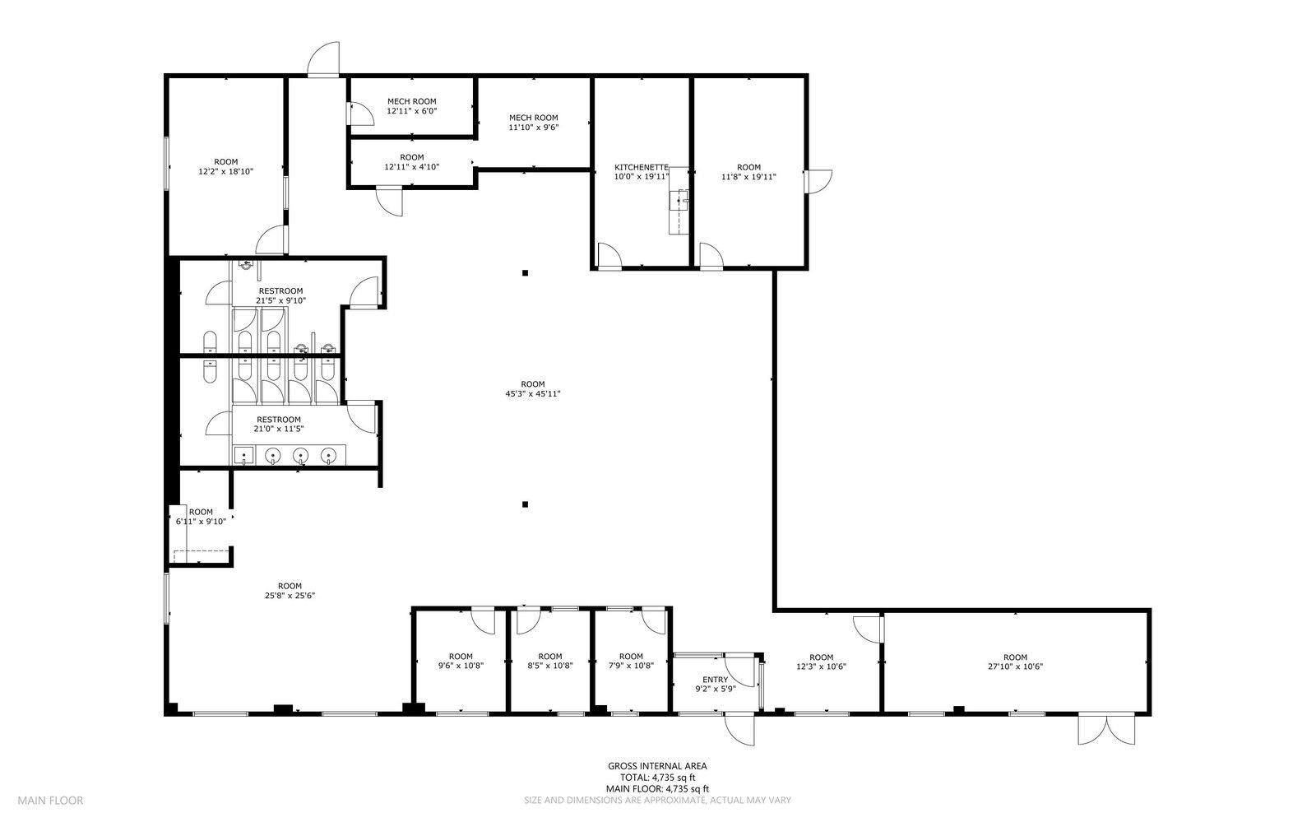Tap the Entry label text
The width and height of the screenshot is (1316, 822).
pos(715,680)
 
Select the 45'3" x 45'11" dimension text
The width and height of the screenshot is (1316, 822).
pos(533,393)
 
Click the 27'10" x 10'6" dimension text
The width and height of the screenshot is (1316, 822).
pos(1015,666)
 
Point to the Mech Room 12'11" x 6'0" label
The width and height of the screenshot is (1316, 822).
pos(412,106)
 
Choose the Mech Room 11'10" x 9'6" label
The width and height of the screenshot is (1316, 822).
pos(534,123)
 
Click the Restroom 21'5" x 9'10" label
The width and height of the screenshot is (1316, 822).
pos(280,295)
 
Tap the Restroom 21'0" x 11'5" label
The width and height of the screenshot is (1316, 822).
pos(279,425)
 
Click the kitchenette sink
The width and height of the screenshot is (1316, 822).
pos(679,201)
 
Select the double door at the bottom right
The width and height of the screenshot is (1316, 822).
pos(1106,729)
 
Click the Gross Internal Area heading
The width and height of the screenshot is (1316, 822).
pos(657,765)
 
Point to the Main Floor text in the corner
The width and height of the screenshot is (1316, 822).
pos(50,801)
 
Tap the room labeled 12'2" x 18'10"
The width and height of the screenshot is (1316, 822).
pos(226,166)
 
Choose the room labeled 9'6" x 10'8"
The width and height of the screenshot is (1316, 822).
pos(461,661)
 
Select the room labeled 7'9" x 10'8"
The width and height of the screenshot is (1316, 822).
pos(631,661)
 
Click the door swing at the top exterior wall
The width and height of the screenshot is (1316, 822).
pos(324,58)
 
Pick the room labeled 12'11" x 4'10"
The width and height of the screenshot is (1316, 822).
pos(412,161)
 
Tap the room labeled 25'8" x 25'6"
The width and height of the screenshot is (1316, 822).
pos(290,591)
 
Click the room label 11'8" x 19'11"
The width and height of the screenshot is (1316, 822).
pos(748,172)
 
